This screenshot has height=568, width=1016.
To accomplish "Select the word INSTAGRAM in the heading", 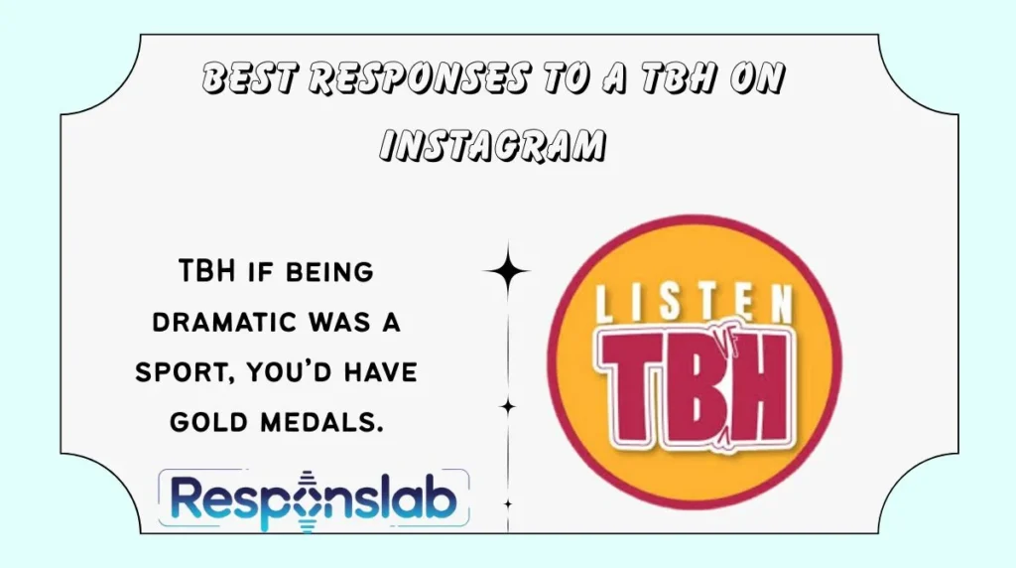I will point(493,145).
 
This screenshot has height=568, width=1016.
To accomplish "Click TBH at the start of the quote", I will point(206,269).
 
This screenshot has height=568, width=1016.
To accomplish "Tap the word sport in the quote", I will point(189,371).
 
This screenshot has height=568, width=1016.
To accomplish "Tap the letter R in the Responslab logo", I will point(190,499).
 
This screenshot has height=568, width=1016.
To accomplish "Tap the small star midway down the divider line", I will point(507,405).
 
